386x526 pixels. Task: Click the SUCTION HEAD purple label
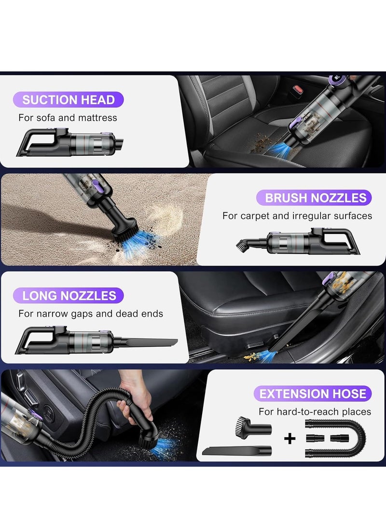tap(69, 100)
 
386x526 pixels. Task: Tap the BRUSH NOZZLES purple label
tap(316, 197)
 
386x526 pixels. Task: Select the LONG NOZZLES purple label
tap(69, 296)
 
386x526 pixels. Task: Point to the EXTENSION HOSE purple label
tap(313, 393)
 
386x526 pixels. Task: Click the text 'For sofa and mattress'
tap(68, 117)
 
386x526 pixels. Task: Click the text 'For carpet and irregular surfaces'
tap(297, 216)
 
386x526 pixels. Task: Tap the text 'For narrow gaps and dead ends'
tap(91, 313)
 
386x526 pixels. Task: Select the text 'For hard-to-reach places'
tap(315, 411)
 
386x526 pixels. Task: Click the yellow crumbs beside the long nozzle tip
tap(251, 357)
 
